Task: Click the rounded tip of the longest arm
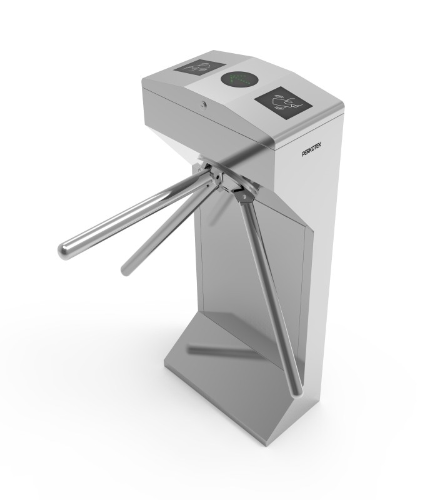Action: click(x=64, y=251)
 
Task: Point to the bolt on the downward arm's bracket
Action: click(x=244, y=197)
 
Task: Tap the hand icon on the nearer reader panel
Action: click(x=284, y=101)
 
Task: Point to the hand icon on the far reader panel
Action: click(x=199, y=66)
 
